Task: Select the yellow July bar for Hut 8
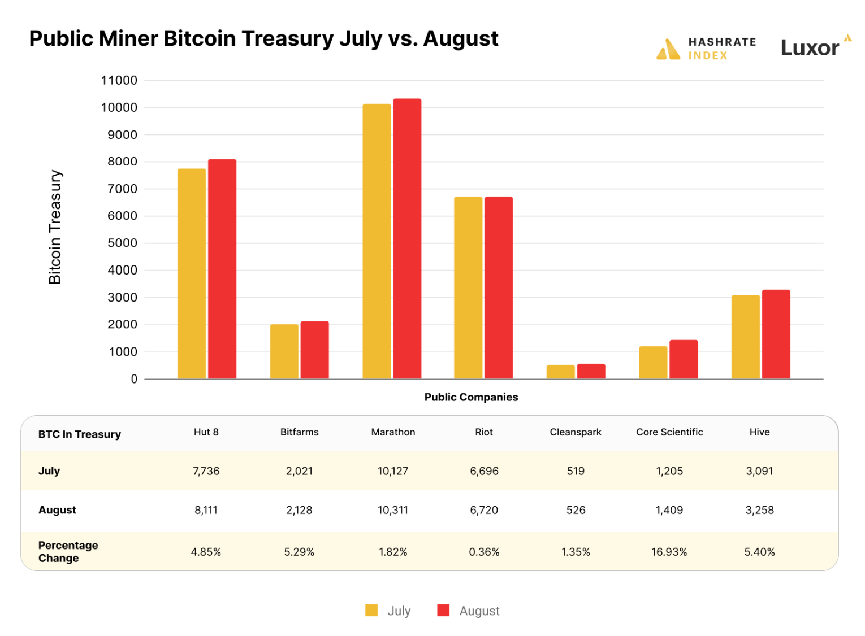click(x=192, y=273)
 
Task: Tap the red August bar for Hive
click(x=776, y=334)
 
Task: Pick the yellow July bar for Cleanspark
click(x=560, y=372)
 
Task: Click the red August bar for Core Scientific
click(x=684, y=359)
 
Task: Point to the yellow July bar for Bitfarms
click(x=284, y=351)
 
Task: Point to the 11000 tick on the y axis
click(x=119, y=80)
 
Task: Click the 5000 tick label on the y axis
click(x=122, y=243)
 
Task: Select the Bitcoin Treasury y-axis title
click(x=55, y=227)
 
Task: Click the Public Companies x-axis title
click(x=471, y=397)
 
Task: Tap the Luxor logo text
click(x=810, y=48)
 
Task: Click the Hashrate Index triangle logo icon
click(x=668, y=50)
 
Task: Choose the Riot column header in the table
click(x=484, y=432)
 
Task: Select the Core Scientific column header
click(x=669, y=432)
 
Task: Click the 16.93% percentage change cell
click(x=669, y=552)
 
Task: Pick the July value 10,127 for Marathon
click(x=393, y=471)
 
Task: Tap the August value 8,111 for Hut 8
click(x=206, y=510)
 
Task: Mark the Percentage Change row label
click(x=68, y=552)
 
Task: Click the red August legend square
click(x=443, y=611)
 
